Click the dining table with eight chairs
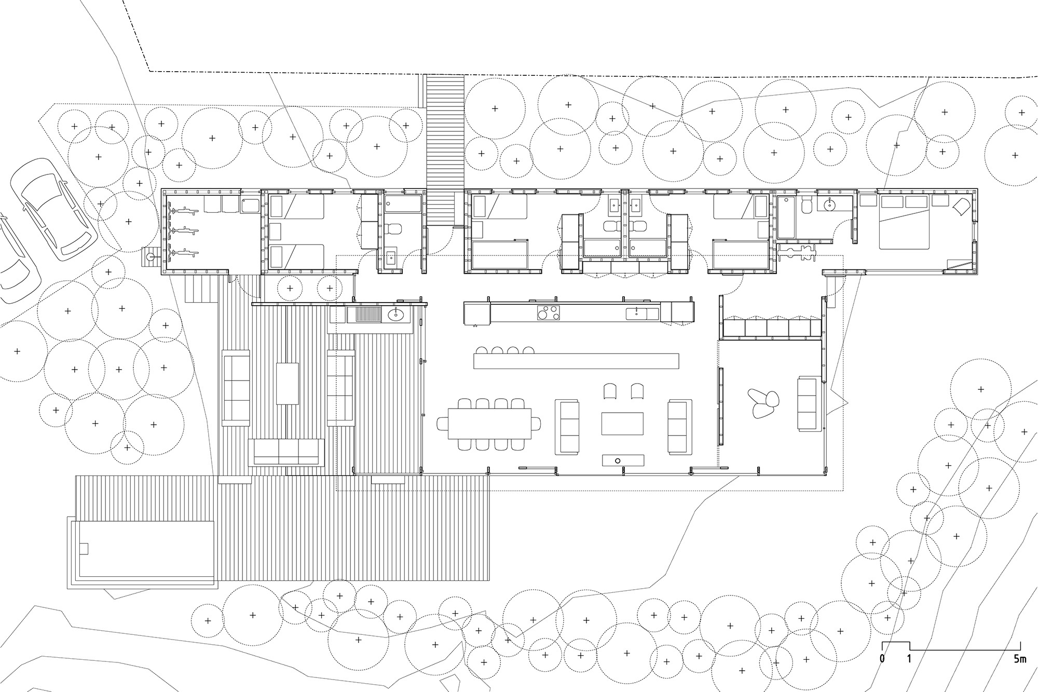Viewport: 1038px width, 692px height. [489, 424]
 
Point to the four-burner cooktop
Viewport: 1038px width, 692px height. [549, 313]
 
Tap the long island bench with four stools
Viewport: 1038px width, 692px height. [576, 360]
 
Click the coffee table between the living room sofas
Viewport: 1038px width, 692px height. [623, 423]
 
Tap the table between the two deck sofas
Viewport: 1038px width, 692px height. [288, 383]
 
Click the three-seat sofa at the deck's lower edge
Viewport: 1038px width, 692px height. [286, 452]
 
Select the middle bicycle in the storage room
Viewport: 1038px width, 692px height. [182, 230]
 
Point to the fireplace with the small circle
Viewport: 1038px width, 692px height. [623, 460]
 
